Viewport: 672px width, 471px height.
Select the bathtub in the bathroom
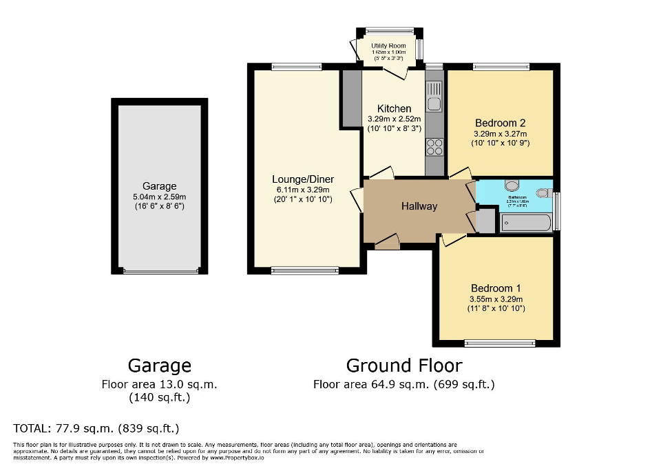tap(525, 223)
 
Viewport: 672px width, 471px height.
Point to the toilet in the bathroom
tap(543, 192)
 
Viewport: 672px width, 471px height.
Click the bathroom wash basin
tap(512, 185)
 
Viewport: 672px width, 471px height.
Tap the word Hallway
tap(419, 206)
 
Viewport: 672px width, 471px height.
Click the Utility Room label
tap(388, 46)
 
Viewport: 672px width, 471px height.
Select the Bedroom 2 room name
tap(500, 123)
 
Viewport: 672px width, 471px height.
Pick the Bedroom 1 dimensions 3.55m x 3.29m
tap(496, 299)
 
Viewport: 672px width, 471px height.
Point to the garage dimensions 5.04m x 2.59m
tap(159, 197)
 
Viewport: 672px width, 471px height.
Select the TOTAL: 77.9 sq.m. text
tap(96, 428)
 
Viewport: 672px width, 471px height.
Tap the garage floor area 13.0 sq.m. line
tap(159, 384)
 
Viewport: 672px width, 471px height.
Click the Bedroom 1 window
tap(500, 343)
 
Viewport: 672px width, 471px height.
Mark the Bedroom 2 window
tap(501, 67)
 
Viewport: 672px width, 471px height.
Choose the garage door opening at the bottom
tap(160, 272)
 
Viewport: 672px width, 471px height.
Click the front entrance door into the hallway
tap(388, 241)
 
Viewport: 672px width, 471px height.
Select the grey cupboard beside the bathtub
tap(485, 221)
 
